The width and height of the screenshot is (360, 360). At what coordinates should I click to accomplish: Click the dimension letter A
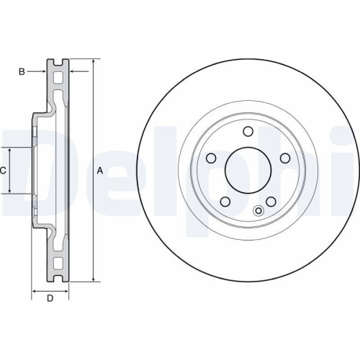[x=100, y=170]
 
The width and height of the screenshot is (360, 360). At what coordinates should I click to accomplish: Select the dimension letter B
[x=22, y=71]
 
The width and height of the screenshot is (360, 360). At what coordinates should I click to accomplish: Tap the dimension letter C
[x=4, y=170]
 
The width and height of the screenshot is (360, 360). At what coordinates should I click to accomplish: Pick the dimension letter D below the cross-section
[x=50, y=299]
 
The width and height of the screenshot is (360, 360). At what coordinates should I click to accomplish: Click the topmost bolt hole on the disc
[x=248, y=131]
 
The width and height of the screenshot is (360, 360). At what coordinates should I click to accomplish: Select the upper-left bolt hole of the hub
[x=211, y=158]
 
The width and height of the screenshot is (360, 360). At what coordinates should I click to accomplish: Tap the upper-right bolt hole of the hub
[x=286, y=158]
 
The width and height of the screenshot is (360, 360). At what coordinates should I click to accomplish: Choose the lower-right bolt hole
[x=271, y=202]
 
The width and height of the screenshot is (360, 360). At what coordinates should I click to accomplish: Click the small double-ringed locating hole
[x=258, y=212]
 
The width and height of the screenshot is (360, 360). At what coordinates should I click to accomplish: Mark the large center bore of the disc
[x=248, y=171]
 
